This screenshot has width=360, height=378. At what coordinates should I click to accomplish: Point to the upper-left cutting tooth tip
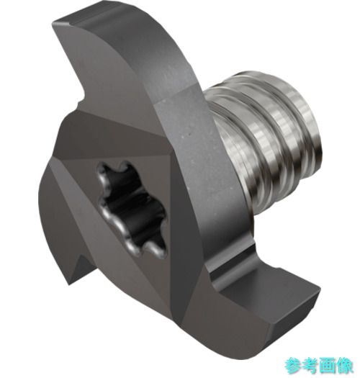coord(53,23)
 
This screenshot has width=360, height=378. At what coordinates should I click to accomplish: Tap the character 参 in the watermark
coord(293,366)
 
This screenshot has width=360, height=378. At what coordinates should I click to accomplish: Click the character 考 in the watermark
coord(310,366)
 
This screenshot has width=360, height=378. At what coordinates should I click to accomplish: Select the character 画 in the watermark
coord(328,366)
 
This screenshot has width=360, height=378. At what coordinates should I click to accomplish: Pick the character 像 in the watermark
coord(345,366)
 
